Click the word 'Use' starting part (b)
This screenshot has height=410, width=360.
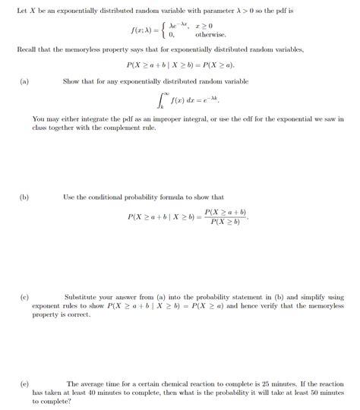click(69, 197)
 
